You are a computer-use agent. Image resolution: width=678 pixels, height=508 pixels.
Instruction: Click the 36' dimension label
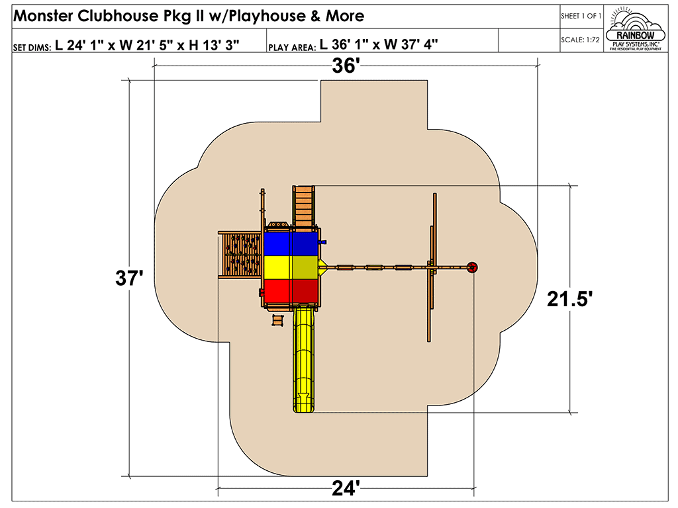346,65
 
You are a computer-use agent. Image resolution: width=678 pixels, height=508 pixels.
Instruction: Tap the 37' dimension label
129,278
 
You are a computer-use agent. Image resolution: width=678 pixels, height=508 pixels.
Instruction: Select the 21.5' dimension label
569,299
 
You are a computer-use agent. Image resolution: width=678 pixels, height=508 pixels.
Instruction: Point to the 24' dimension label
346,488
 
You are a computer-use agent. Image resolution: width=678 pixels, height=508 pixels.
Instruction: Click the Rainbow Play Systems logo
635,29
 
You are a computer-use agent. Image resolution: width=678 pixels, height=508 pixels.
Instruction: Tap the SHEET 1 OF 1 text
581,16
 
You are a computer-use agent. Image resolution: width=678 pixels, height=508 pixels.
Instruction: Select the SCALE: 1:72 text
580,40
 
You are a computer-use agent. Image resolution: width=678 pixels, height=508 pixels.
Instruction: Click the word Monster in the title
43,16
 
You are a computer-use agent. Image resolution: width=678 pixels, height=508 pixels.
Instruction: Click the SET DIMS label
32,48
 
